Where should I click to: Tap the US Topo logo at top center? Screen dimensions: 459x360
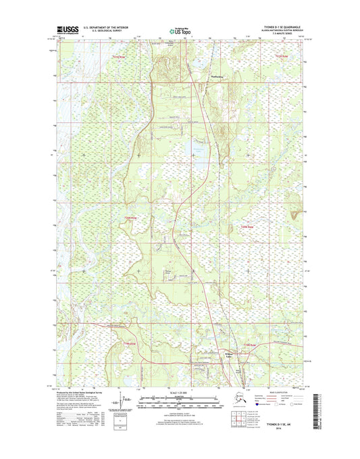179,30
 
